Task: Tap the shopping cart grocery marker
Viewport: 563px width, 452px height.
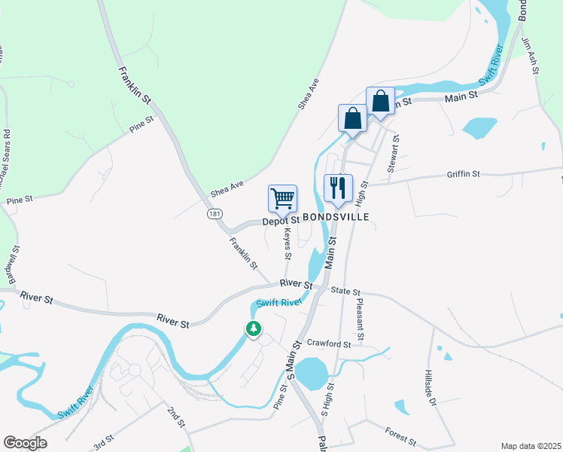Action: click(x=282, y=199)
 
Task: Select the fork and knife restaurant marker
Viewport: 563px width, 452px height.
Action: click(x=338, y=188)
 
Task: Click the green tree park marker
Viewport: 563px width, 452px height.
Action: click(x=254, y=328)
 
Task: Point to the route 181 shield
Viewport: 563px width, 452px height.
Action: click(x=215, y=215)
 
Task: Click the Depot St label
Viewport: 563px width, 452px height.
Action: click(x=281, y=221)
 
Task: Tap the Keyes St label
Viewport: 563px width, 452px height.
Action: click(x=288, y=246)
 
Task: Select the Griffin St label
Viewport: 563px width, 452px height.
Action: click(x=463, y=174)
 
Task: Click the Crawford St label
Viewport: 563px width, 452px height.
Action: click(x=329, y=344)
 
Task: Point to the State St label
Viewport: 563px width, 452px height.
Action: click(x=346, y=292)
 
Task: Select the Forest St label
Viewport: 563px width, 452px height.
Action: click(x=400, y=436)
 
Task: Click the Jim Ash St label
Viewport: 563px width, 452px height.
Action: click(x=535, y=57)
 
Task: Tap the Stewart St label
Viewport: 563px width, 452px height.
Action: click(x=391, y=154)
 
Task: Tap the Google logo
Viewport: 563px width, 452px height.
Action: click(x=25, y=443)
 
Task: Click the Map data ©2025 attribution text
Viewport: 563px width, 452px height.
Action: click(x=531, y=446)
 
